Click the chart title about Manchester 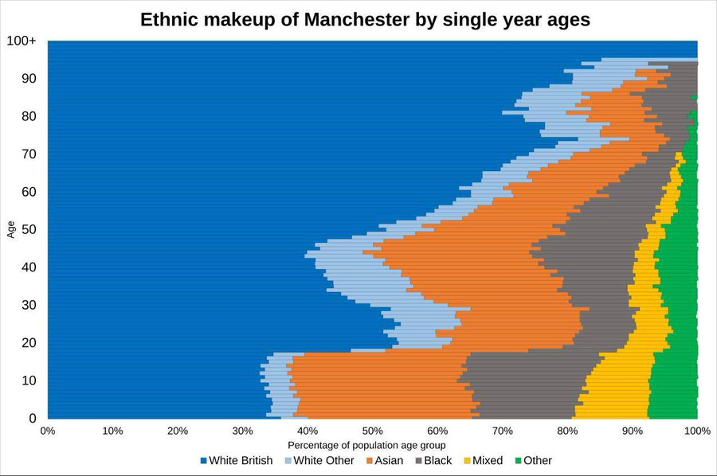(x=365, y=20)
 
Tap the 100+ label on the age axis (x=21, y=41)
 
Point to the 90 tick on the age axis (x=29, y=79)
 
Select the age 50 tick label (x=29, y=229)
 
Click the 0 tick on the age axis (x=33, y=418)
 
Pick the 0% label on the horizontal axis (x=48, y=431)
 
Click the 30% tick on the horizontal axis (x=242, y=431)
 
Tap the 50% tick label (x=372, y=431)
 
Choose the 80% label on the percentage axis (x=567, y=431)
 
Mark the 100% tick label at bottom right (x=697, y=431)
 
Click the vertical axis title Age (x=11, y=229)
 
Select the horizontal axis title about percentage (x=366, y=445)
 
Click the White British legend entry (x=237, y=460)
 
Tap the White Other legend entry (x=319, y=460)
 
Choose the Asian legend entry (x=385, y=460)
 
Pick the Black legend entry (x=433, y=460)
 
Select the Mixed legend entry (x=484, y=460)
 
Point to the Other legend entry (x=533, y=460)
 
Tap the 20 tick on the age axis (x=29, y=342)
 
